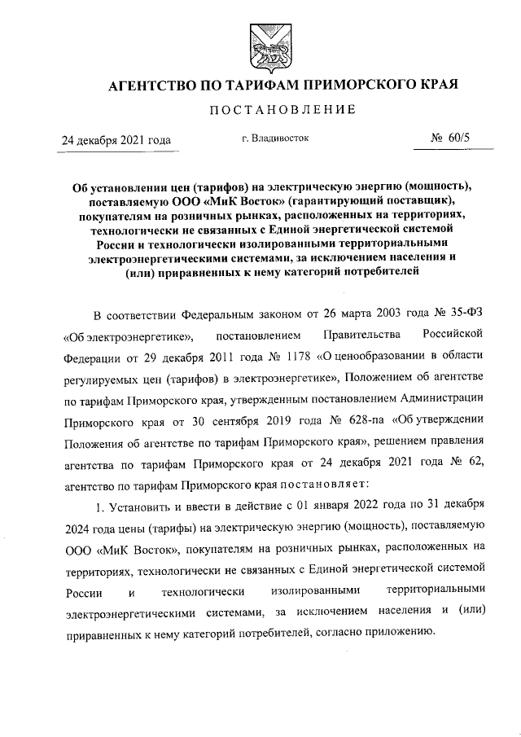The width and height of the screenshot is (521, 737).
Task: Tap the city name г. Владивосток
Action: pos(275,138)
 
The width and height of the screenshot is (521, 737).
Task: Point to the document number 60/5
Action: pos(459,138)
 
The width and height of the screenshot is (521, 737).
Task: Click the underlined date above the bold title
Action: pos(117,140)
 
